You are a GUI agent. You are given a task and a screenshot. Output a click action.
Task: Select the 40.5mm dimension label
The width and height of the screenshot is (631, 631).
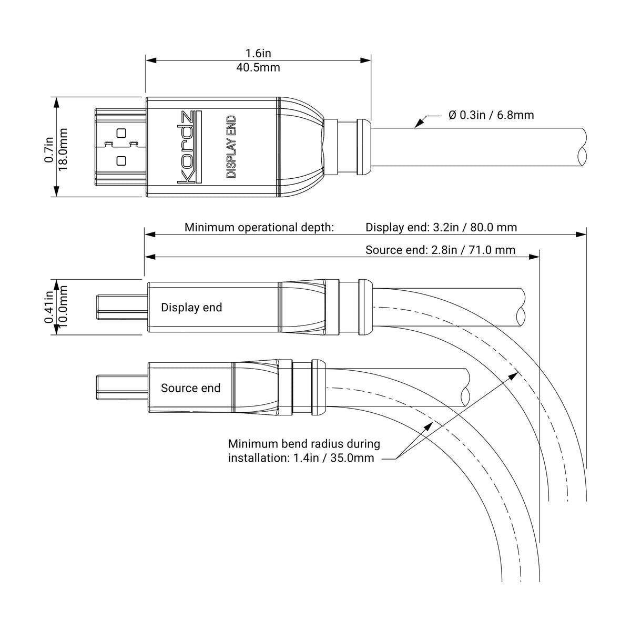(x=258, y=67)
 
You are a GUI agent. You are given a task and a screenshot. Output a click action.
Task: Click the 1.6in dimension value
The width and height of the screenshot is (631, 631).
(x=258, y=53)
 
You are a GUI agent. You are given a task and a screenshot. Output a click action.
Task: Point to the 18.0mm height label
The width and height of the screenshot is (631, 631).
(x=63, y=149)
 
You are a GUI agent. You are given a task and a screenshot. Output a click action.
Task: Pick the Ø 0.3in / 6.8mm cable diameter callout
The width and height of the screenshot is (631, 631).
(x=491, y=115)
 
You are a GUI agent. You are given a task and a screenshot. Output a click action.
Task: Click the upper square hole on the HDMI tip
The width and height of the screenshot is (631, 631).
(x=121, y=133)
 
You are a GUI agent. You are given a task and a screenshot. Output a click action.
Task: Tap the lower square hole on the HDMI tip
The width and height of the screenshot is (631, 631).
(x=121, y=161)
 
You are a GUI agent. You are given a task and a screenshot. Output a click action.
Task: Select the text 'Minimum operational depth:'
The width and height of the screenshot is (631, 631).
(x=259, y=228)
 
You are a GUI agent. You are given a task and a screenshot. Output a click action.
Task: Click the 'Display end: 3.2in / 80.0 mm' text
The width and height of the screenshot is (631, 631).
(x=441, y=227)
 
